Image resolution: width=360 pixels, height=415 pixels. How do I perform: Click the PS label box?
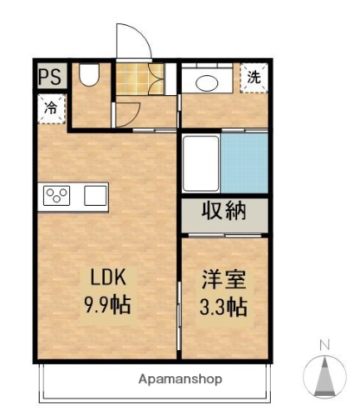point(49,76)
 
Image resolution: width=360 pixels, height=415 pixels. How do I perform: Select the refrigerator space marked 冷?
point(50,108)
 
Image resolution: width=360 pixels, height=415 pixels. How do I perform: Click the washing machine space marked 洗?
point(254,77)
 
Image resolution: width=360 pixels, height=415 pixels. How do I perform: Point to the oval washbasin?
point(207,82)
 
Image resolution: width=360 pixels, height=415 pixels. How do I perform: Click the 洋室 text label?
point(224,281)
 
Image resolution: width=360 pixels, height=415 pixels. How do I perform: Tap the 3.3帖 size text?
point(224,306)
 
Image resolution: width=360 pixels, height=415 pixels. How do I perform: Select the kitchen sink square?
point(95,195)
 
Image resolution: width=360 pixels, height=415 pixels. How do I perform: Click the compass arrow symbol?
point(325,375)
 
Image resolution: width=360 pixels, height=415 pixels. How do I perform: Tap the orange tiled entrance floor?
point(134,80)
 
